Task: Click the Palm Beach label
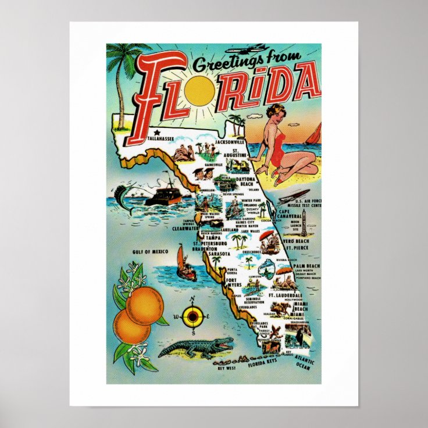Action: (306, 266)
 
